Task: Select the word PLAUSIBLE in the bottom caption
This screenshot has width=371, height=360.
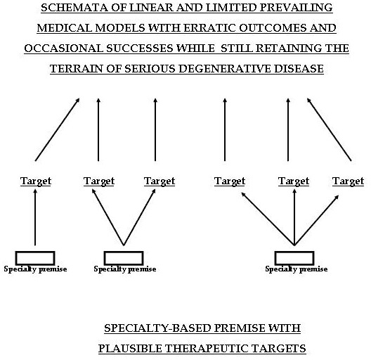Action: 130,349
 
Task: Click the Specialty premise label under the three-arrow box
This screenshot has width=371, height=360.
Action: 297,269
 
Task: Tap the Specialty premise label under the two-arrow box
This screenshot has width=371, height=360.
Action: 125,269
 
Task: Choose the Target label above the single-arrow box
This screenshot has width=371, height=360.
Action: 36,181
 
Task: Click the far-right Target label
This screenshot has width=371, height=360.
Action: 348,181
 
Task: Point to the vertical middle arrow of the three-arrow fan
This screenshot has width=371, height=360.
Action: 294,217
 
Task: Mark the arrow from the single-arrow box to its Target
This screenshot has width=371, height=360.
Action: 35,217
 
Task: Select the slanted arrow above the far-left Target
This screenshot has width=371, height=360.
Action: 57,129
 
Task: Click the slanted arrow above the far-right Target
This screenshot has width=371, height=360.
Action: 329,129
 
